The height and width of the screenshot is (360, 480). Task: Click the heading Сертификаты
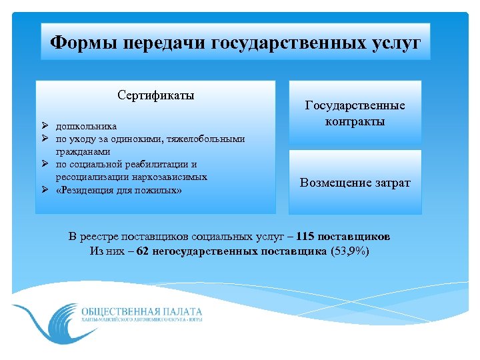[156, 95]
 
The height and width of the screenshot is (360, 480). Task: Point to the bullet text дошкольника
[86, 126]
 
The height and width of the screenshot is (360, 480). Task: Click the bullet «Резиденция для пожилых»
[119, 190]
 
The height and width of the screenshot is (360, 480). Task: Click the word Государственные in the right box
[355, 105]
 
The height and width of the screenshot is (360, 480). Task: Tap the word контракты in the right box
[355, 121]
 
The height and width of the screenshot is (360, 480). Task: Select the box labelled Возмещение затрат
[355, 182]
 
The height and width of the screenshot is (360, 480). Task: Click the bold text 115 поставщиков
[344, 237]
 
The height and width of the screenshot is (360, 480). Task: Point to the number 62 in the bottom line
[142, 251]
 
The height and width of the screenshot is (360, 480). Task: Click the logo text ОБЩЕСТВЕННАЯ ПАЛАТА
[141, 311]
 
